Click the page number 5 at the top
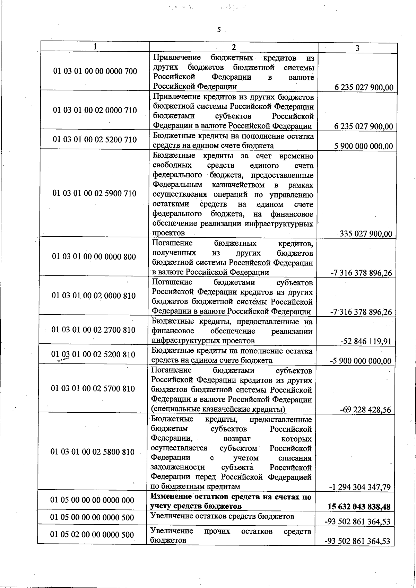coord(219,30)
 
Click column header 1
coord(95,46)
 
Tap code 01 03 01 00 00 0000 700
coord(95,71)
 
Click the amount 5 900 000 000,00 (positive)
coord(364,146)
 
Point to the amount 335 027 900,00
coord(366,234)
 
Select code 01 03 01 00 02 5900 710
coord(94,193)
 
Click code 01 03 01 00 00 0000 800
coord(94,257)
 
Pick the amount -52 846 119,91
coord(366,342)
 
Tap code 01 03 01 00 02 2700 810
coord(93,330)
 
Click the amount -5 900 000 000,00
coord(361,361)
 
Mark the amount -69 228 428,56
coord(365,410)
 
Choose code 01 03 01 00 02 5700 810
coord(93,388)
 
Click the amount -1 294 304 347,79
coord(360,487)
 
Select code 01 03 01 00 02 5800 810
coord(93,452)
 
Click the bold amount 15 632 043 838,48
coord(359,507)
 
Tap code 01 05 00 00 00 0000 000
coord(92,500)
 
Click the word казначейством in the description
coord(237,185)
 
